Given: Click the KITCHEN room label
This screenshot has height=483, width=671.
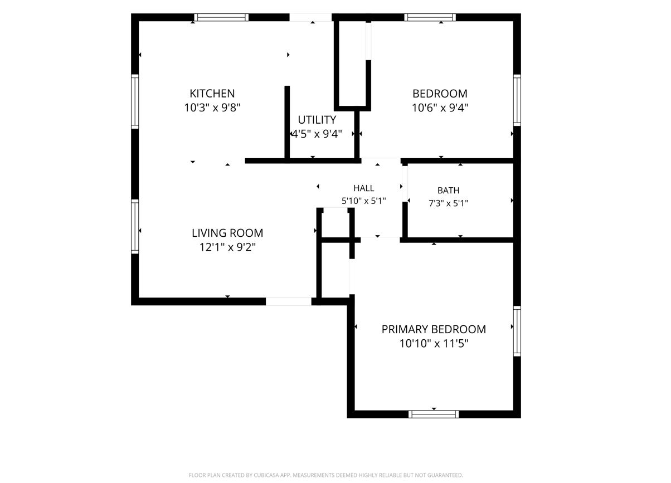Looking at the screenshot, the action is (212, 94).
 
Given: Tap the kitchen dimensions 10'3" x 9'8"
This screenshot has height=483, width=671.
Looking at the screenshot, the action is (212, 108).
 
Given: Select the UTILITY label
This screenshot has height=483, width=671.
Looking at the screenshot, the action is (317, 120).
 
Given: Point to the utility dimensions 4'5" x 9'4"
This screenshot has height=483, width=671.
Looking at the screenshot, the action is (317, 134).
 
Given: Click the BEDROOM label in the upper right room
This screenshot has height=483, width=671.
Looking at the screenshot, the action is (440, 94).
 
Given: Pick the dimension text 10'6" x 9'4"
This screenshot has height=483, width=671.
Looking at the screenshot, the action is (440, 108).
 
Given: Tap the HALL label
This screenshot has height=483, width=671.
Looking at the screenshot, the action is (364, 188).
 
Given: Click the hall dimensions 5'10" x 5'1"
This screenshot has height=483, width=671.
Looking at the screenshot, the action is (364, 201).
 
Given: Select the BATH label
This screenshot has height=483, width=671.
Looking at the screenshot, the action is (448, 191).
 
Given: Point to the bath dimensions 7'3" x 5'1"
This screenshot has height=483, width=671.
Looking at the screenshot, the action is (448, 204).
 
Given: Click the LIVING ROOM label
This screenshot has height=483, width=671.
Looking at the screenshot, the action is (227, 233).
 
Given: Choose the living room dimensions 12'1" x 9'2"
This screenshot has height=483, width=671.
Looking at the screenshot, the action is (227, 247).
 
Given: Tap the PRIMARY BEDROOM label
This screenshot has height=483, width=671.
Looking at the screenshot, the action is (434, 329).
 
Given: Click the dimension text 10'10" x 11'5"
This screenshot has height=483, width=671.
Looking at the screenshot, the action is (434, 344).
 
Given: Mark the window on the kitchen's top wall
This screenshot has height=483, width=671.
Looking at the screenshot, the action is (221, 17).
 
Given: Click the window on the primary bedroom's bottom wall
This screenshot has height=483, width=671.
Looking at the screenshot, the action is (434, 414).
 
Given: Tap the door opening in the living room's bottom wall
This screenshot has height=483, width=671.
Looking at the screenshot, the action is (289, 301).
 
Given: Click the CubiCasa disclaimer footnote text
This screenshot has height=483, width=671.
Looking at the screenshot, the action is (325, 475).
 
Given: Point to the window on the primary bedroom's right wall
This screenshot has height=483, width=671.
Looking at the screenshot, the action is (517, 331).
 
